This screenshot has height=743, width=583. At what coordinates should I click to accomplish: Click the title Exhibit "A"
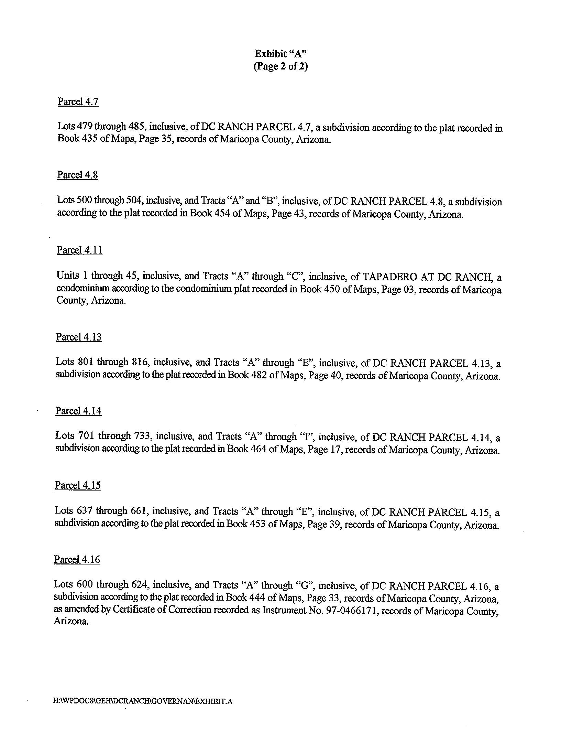(x=280, y=54)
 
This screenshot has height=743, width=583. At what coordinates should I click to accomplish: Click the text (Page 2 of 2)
(x=280, y=66)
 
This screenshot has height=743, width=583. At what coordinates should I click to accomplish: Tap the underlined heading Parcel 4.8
(x=77, y=175)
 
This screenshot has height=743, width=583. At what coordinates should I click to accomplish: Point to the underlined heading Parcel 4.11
(x=80, y=250)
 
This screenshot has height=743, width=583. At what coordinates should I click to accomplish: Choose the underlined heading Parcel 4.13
(x=79, y=337)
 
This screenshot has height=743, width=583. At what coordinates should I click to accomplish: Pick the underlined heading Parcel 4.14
(x=78, y=411)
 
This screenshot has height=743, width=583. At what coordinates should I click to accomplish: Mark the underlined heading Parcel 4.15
(x=78, y=485)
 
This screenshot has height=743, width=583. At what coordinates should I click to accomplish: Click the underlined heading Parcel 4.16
(x=77, y=560)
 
